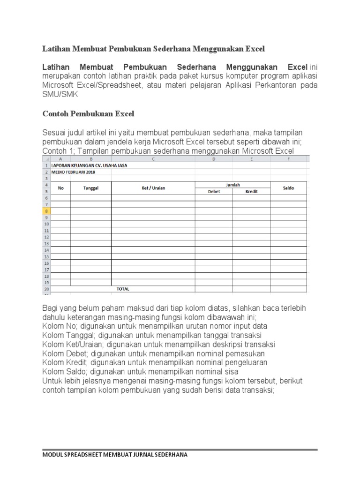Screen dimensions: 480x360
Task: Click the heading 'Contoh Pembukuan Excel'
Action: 89,113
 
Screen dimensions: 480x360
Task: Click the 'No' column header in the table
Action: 60,188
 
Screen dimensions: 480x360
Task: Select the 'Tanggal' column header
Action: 91,188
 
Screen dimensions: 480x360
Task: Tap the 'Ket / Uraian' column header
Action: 153,188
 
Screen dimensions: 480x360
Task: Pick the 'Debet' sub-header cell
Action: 213,191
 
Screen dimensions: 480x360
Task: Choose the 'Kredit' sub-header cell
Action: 251,191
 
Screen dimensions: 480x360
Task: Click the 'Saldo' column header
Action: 288,188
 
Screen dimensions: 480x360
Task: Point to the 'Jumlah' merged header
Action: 232,185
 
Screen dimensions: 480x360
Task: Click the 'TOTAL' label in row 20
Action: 123,289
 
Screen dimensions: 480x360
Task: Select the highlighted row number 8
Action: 46,211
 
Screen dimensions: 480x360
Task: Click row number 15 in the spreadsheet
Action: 46,256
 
